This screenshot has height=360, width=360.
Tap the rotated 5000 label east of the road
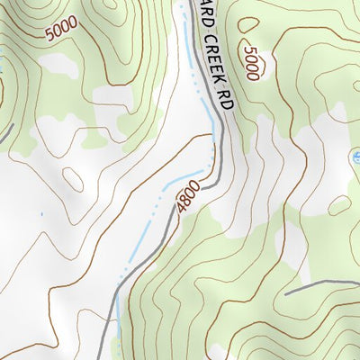[251, 63]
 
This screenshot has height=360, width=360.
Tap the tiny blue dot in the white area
[40, 213]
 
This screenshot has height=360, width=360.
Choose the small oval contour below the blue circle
[338, 205]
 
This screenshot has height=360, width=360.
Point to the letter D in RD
[229, 106]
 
